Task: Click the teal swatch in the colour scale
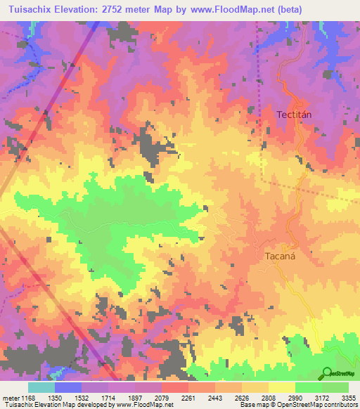pyautogui.click(x=41, y=387)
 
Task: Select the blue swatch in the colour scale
pyautogui.click(x=68, y=387)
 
